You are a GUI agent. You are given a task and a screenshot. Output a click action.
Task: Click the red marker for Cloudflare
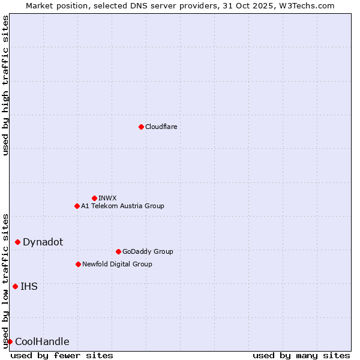click(x=141, y=127)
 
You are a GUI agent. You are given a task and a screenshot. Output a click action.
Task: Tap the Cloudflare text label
click(x=161, y=127)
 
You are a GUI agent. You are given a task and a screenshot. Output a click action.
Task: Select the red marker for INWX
click(x=94, y=198)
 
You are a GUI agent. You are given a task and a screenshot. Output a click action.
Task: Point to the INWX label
click(x=107, y=198)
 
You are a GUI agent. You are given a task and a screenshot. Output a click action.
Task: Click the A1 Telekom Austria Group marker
click(x=77, y=206)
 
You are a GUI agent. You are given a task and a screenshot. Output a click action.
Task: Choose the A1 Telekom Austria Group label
click(x=122, y=206)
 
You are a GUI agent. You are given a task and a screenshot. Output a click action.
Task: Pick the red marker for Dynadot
click(x=17, y=242)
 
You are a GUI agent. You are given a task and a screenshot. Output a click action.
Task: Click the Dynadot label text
click(x=43, y=242)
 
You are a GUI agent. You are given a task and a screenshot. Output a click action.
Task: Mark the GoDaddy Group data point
click(x=118, y=251)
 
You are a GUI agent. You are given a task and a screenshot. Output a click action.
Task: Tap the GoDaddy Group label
click(x=147, y=251)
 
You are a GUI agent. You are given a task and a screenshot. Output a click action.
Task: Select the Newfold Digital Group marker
click(x=78, y=264)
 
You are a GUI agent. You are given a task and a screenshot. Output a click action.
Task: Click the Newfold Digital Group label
click(x=117, y=264)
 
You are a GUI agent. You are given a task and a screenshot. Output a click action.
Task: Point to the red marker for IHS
click(x=15, y=286)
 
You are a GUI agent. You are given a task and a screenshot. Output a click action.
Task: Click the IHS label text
click(x=29, y=286)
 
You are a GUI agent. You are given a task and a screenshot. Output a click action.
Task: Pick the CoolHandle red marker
click(x=10, y=341)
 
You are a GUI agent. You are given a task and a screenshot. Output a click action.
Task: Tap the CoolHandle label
click(x=42, y=341)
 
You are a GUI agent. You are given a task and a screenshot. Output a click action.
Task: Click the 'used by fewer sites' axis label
click(x=62, y=355)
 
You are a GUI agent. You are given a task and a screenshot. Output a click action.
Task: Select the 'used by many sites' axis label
click(x=301, y=355)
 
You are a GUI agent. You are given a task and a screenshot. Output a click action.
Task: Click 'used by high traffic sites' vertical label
click(x=5, y=85)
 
